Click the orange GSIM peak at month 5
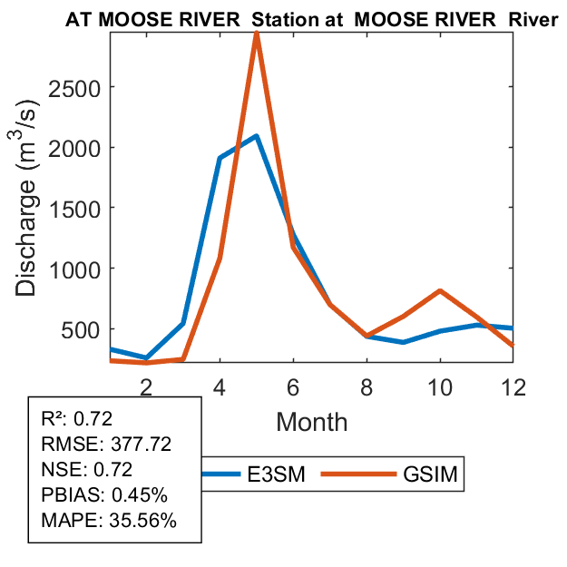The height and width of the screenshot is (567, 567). [257, 34]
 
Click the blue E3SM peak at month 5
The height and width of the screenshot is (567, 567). [257, 136]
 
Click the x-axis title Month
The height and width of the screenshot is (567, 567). [311, 421]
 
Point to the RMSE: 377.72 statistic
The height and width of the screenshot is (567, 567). [106, 445]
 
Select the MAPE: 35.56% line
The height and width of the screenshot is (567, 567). [108, 521]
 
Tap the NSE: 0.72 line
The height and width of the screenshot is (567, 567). [87, 470]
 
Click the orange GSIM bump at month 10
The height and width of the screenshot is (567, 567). [440, 291]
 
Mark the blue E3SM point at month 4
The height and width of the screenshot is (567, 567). [220, 159]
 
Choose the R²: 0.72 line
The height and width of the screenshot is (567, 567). [82, 419]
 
